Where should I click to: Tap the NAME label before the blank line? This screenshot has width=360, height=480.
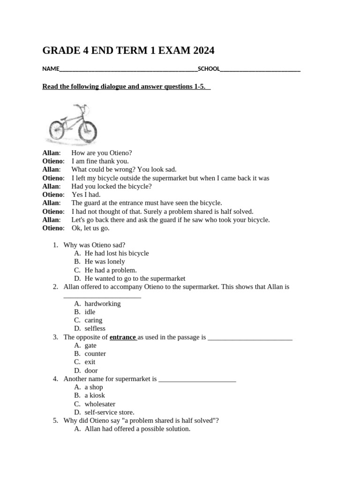coord(51,69)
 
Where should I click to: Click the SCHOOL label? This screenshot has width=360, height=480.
coord(209,69)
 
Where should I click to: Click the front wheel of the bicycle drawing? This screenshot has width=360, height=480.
coord(88,131)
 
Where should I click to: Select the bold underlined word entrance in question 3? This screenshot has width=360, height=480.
coord(122,337)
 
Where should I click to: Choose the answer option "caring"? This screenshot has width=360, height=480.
coord(93,320)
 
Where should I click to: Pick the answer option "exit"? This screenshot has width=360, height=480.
coord(90,362)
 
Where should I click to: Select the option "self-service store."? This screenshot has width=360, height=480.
coord(109,412)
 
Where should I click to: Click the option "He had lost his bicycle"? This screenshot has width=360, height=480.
coord(116,253)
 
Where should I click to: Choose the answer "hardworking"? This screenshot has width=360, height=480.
coord(102,304)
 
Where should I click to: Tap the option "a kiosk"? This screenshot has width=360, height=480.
coord(95,396)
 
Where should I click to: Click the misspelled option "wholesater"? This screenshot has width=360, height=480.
coord(100,404)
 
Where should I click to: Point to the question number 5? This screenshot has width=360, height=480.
coord(55,421)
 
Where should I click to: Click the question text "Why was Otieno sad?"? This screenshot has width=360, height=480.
coord(94,245)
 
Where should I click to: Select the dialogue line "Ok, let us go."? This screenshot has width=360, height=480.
coord(90,228)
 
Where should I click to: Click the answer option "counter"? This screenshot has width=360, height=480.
coord(95,354)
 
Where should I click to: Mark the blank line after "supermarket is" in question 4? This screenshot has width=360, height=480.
coord(197,379)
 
